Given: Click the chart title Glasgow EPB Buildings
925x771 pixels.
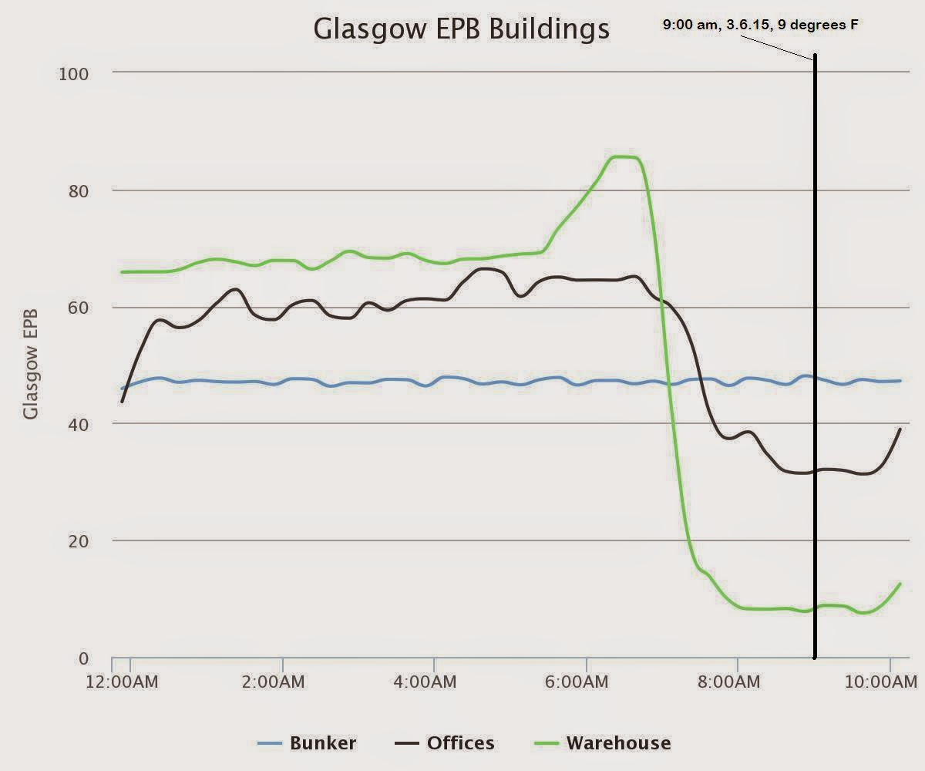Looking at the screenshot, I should click(x=461, y=29).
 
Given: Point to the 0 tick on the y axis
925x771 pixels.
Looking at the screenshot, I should click(x=84, y=658).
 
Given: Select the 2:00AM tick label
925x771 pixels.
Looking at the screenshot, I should click(x=282, y=682).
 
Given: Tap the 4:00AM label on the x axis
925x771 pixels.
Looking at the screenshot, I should click(x=434, y=682).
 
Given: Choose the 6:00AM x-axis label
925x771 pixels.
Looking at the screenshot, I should click(x=587, y=682).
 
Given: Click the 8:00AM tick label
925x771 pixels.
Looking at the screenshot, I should click(x=738, y=682).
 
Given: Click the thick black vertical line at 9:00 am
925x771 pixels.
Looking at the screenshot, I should click(x=815, y=347).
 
